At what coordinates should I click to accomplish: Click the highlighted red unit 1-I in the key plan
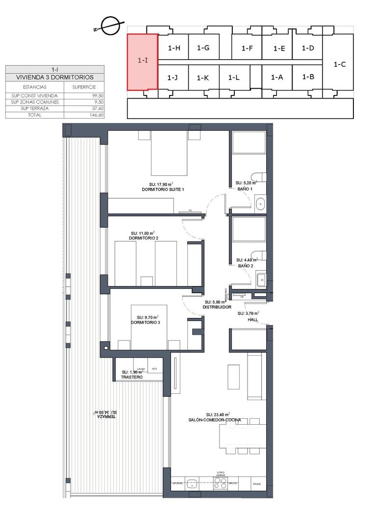(x=142, y=62)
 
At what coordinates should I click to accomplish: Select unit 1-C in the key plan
(x=339, y=64)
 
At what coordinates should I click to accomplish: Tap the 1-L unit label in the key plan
(x=234, y=77)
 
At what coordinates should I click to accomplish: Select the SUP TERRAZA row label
(x=35, y=108)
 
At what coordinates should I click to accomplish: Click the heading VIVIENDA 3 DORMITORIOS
(x=55, y=77)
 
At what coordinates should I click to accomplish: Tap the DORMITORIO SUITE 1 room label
(x=163, y=189)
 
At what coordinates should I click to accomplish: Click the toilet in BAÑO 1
(x=258, y=177)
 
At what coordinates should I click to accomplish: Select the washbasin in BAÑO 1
(x=260, y=202)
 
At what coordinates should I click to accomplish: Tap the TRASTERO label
(x=132, y=377)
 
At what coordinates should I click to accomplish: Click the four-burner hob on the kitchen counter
(x=221, y=483)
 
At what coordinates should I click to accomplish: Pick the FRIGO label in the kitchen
(x=257, y=483)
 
